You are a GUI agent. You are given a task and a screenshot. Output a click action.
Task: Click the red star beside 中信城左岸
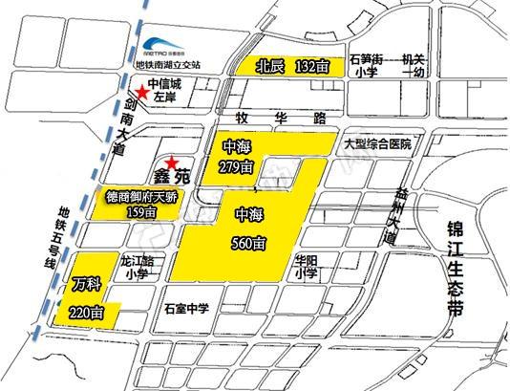(142, 93)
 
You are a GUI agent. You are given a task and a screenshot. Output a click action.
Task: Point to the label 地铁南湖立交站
(181, 66)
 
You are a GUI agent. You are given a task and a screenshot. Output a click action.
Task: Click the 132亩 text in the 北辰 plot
(313, 66)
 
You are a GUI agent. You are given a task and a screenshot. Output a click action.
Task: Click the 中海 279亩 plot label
(237, 157)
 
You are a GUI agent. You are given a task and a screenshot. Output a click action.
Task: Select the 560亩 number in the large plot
(246, 244)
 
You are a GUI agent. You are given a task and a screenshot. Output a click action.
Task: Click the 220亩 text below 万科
(87, 311)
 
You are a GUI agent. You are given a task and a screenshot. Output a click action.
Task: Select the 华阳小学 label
(307, 266)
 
